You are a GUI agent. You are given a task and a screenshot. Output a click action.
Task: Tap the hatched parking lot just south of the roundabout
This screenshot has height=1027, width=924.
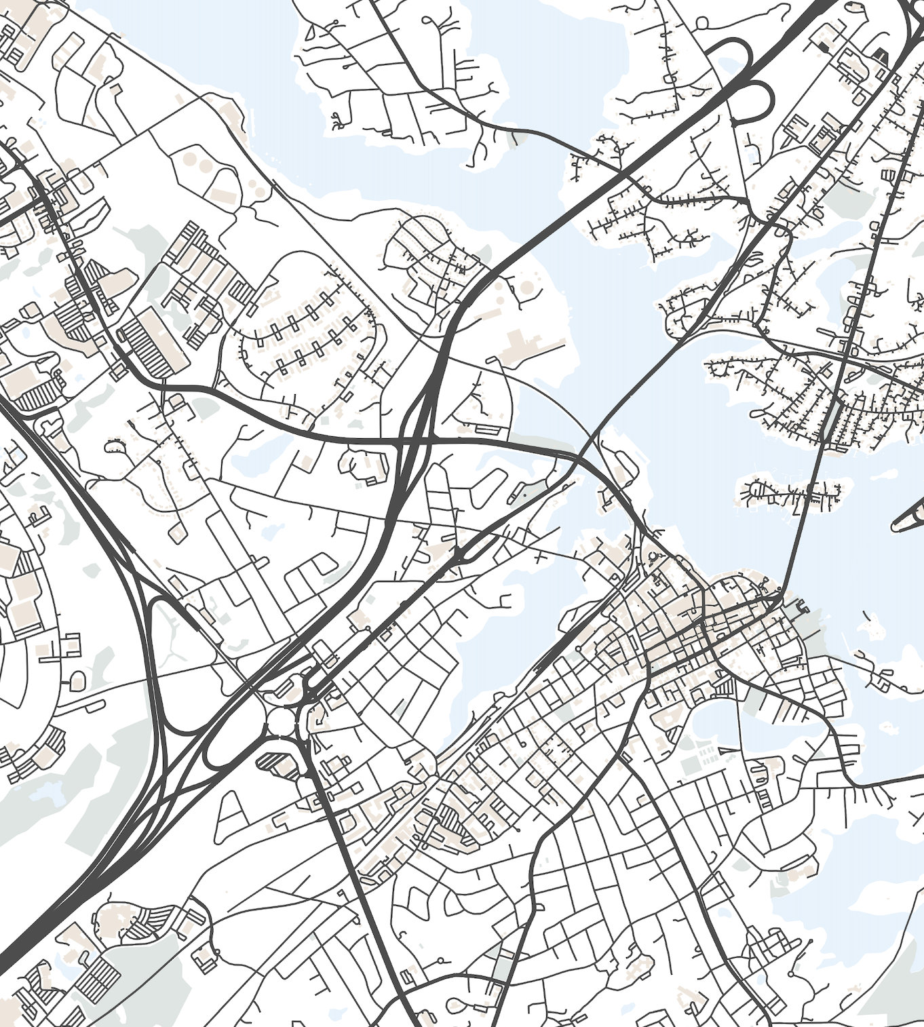[x=277, y=764]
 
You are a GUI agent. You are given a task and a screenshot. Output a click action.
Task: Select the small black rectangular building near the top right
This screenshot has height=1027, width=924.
[x=824, y=46]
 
